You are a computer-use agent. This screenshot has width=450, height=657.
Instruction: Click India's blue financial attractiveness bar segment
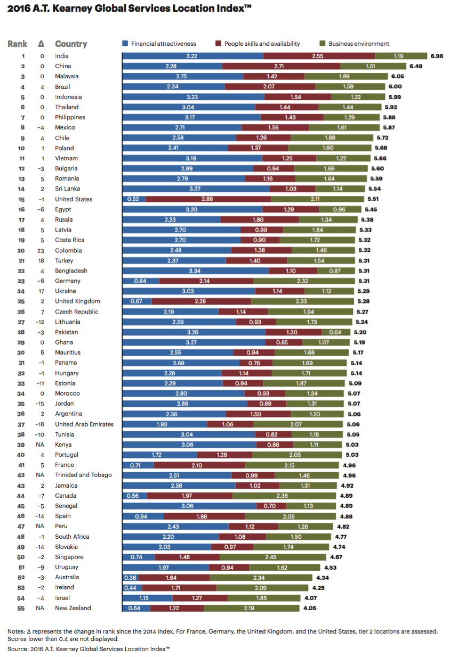point(192,56)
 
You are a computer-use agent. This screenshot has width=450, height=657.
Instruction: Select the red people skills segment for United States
point(208,199)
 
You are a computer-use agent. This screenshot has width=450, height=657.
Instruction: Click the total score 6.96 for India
point(437,56)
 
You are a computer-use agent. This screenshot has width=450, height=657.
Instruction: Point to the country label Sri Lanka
point(67,189)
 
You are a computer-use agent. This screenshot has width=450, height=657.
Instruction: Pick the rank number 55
point(22,608)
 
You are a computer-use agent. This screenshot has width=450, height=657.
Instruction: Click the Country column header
point(71,44)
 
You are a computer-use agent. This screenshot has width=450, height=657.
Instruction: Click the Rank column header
point(17,44)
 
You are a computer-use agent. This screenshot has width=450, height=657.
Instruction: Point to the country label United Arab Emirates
point(84,424)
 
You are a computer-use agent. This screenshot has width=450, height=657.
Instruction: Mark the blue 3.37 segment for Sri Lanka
point(196,189)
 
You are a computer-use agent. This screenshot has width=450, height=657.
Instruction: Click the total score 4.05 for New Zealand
point(310,608)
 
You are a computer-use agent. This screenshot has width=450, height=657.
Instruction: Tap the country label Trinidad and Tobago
point(83,475)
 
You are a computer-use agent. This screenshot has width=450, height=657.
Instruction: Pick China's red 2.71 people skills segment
point(281,66)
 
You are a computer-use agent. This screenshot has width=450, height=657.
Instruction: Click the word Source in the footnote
point(17,648)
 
